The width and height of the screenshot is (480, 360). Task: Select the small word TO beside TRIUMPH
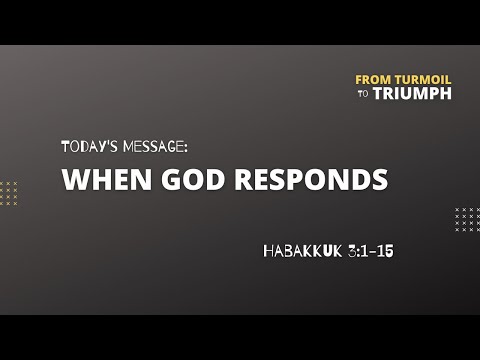(362, 94)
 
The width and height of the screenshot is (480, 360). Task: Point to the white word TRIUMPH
(412, 93)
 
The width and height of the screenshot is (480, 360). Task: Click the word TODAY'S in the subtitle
(88, 146)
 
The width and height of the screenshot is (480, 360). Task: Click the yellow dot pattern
(9, 192)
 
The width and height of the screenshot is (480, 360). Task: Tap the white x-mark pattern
(466, 219)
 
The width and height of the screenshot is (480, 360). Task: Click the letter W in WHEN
(74, 181)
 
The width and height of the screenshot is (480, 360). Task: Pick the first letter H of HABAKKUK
(269, 251)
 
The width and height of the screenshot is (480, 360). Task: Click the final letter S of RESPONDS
(379, 181)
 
